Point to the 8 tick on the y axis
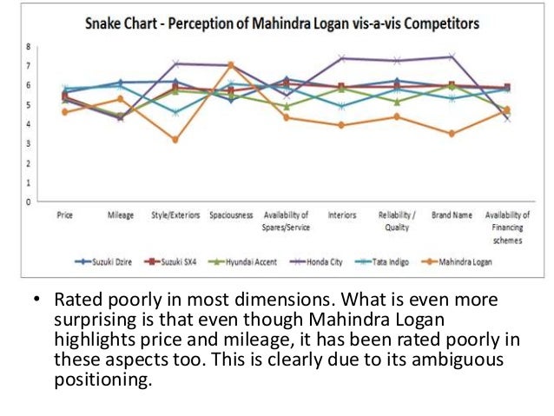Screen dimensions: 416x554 click(28, 46)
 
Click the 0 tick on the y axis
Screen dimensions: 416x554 click(28, 201)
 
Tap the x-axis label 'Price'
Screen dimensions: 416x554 click(64, 213)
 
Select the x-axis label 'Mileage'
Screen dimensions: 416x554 click(120, 213)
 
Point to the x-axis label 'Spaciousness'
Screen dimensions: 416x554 click(231, 213)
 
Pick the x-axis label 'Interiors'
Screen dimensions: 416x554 click(341, 213)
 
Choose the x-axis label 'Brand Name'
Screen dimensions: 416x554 click(452, 213)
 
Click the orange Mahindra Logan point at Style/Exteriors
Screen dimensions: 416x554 click(175, 139)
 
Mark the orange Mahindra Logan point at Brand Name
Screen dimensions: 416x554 click(452, 134)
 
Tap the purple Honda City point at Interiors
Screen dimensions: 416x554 click(341, 58)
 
